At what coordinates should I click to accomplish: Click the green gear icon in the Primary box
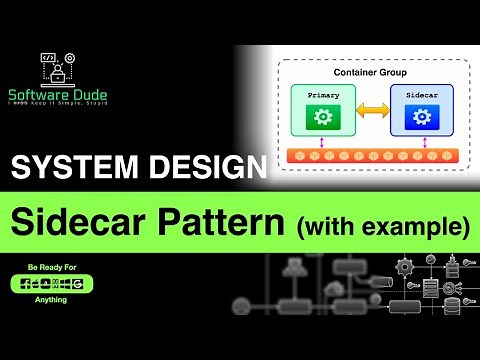coord(322,117)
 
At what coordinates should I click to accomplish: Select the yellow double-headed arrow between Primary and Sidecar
coord(372,110)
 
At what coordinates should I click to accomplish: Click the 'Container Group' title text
coord(370,74)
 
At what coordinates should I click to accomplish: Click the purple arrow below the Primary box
coord(322,143)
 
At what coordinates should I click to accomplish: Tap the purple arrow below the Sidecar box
coord(424,143)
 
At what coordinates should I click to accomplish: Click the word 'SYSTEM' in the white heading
coord(72,167)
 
